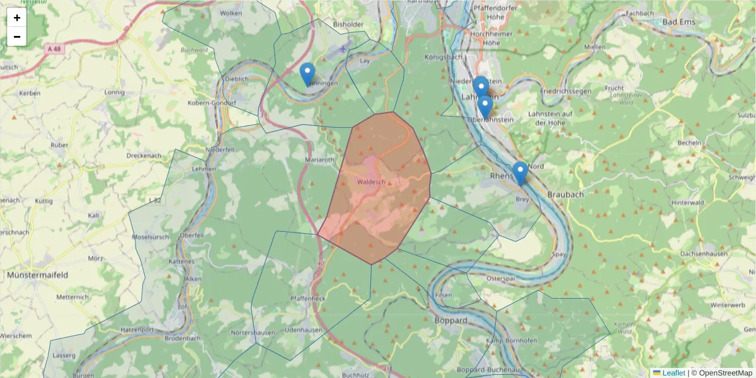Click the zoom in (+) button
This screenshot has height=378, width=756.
[17, 18]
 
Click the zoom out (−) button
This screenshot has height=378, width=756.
[17, 37]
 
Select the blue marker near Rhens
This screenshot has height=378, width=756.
[520, 173]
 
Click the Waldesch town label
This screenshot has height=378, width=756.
[370, 181]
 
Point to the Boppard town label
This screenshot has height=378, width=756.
[451, 320]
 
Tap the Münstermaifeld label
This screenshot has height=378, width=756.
[38, 275]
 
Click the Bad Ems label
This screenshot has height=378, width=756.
[678, 21]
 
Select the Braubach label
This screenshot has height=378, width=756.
[565, 195]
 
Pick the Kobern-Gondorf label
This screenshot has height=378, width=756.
[212, 103]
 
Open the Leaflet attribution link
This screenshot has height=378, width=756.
[673, 373]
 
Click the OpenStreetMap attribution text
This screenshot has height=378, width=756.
[721, 373]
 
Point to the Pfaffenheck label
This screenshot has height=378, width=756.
[308, 298]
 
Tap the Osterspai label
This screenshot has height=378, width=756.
[501, 278]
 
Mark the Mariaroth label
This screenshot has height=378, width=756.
[320, 160]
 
